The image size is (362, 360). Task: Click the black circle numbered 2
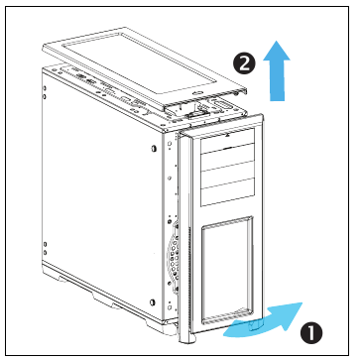click(x=244, y=63)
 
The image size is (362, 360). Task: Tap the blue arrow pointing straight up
click(x=277, y=70)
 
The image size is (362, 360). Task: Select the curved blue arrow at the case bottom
click(x=263, y=319)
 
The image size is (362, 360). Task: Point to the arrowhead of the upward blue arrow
click(x=277, y=51)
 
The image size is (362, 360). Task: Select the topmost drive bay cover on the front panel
click(x=227, y=142)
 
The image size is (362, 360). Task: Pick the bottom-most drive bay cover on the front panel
click(x=227, y=192)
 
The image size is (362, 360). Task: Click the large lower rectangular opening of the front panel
click(x=227, y=270)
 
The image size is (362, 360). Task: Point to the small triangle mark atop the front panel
click(x=228, y=135)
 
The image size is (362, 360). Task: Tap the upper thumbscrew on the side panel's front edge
click(x=154, y=148)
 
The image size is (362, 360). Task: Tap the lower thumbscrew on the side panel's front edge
click(x=153, y=302)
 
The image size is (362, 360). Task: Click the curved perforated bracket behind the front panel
click(x=174, y=254)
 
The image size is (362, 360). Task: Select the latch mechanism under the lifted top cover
click(x=194, y=115)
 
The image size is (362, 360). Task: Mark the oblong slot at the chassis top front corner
click(x=220, y=105)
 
